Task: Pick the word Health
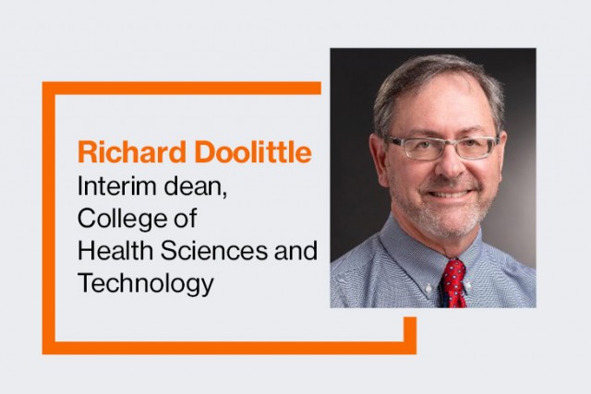coord(106,251)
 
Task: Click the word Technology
coord(145,283)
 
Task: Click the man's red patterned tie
coord(453,282)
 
